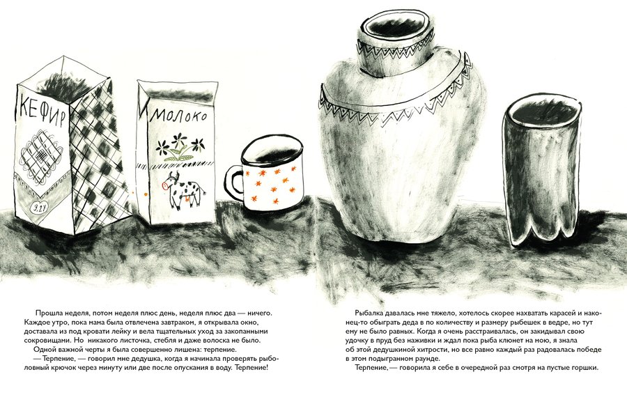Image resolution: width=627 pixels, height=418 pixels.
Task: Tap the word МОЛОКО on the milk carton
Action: (178, 116)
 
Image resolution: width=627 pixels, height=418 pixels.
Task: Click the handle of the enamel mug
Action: (234, 182)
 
